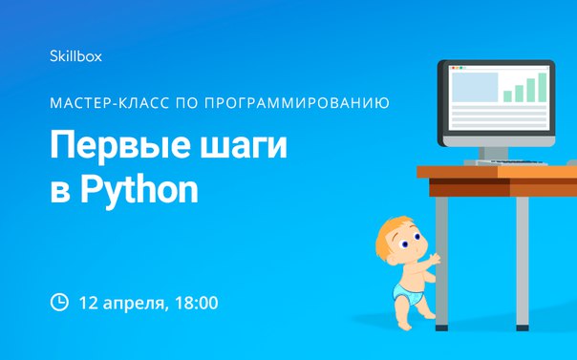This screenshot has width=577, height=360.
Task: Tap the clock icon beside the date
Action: coord(59,303)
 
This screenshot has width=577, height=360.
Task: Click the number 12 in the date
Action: coord(89,303)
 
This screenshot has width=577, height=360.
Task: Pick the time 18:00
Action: coord(197,303)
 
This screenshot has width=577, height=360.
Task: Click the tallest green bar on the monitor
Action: coord(541,86)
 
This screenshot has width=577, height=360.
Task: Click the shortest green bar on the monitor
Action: coord(508,95)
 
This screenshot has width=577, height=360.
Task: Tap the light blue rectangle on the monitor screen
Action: coord(474,86)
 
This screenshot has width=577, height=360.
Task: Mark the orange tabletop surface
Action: coord(497,172)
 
